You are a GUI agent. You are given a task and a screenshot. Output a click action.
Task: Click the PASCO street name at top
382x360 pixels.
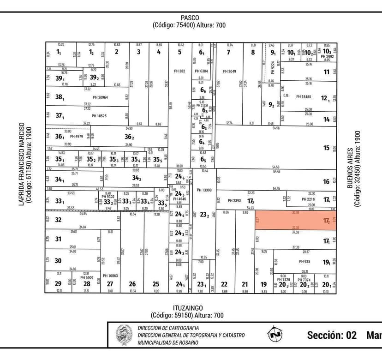[x=190, y=18]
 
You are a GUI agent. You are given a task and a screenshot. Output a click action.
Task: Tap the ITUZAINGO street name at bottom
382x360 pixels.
[x=189, y=308]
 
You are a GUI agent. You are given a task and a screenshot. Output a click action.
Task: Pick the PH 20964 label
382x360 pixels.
[x=100, y=97]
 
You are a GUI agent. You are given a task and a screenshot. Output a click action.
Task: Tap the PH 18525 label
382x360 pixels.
[x=99, y=116]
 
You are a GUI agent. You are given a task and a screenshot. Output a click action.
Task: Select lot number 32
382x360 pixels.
[x=58, y=220]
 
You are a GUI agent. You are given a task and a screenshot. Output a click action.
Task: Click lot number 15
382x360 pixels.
[x=327, y=148]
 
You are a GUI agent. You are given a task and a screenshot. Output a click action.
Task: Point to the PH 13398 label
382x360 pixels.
[x=203, y=190]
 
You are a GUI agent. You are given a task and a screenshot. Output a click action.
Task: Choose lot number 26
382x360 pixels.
[x=132, y=284]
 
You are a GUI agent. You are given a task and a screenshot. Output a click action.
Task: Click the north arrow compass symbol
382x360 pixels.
[x=276, y=334]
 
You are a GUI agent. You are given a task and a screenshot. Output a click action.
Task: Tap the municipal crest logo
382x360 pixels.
[x=124, y=335]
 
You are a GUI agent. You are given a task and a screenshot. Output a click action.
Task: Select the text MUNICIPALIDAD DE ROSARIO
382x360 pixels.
[x=168, y=342]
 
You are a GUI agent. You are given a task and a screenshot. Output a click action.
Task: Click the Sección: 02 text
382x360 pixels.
[x=332, y=335]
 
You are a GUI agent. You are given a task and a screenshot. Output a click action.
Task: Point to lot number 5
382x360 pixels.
[x=179, y=52]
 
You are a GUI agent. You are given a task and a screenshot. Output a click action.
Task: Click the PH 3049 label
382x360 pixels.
[x=229, y=71]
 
